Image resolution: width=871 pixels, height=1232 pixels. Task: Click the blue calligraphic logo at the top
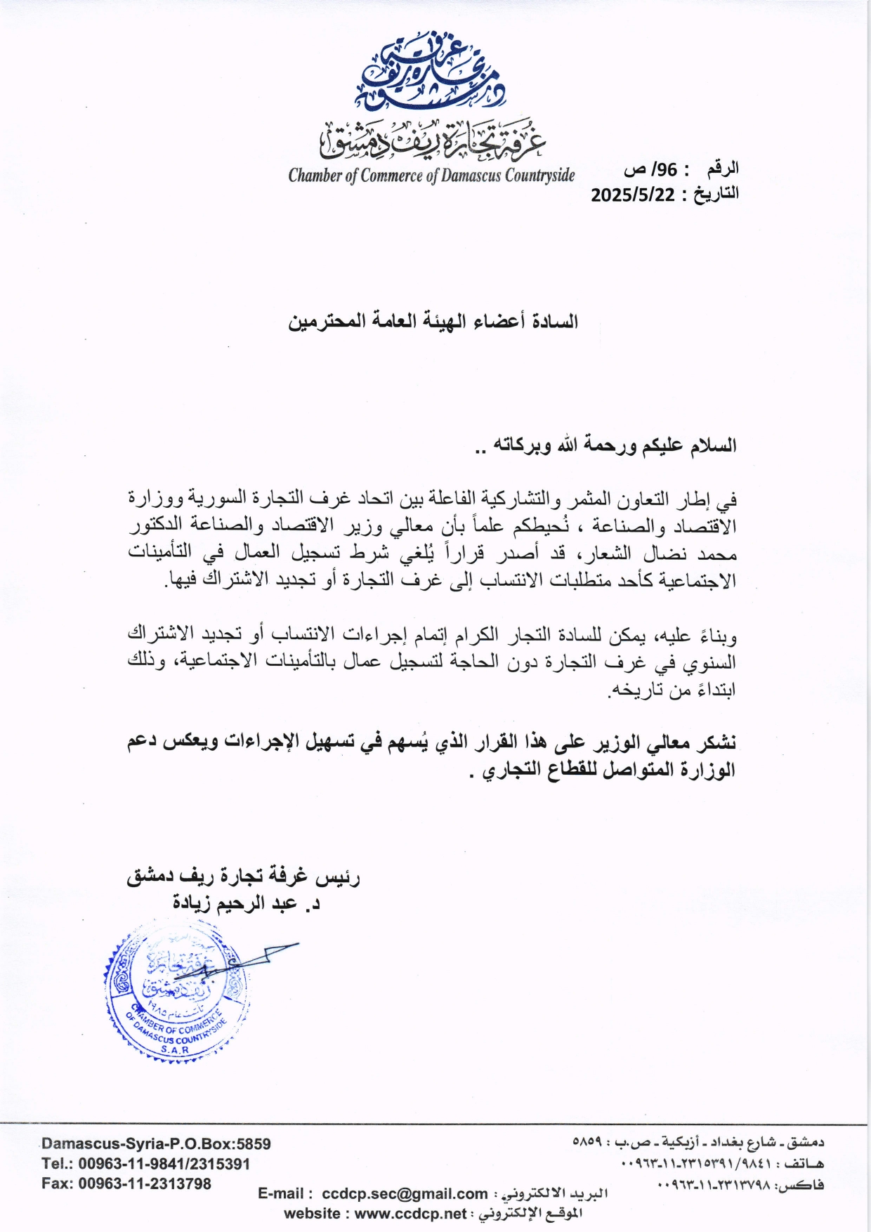431,74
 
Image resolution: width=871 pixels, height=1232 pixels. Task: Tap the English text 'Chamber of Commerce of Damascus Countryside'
431,176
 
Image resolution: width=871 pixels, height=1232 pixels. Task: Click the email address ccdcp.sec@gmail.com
405,1193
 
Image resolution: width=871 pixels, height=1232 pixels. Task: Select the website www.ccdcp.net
410,1213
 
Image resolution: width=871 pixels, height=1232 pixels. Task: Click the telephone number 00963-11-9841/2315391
164,1164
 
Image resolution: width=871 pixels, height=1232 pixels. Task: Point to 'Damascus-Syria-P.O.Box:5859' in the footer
156,1144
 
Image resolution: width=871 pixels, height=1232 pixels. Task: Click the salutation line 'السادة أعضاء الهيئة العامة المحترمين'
433,322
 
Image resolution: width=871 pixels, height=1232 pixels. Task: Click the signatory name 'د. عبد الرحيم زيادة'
246,903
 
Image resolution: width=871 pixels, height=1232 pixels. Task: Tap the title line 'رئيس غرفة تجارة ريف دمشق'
243,877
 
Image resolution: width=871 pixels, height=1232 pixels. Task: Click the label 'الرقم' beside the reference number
723,169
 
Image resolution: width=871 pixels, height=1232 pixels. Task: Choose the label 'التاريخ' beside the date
716,193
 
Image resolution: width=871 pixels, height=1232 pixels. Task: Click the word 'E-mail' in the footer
280,1193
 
